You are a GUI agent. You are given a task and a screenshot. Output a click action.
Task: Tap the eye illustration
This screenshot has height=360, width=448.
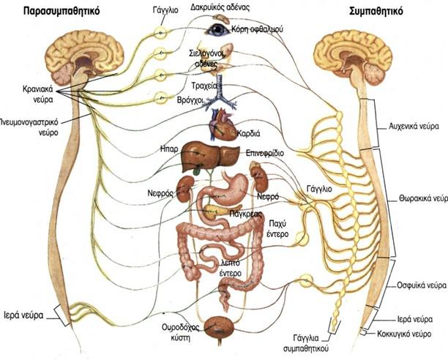click(x=217, y=30)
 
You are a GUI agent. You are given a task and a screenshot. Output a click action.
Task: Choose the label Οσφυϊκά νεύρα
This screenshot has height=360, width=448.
click(x=417, y=284)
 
